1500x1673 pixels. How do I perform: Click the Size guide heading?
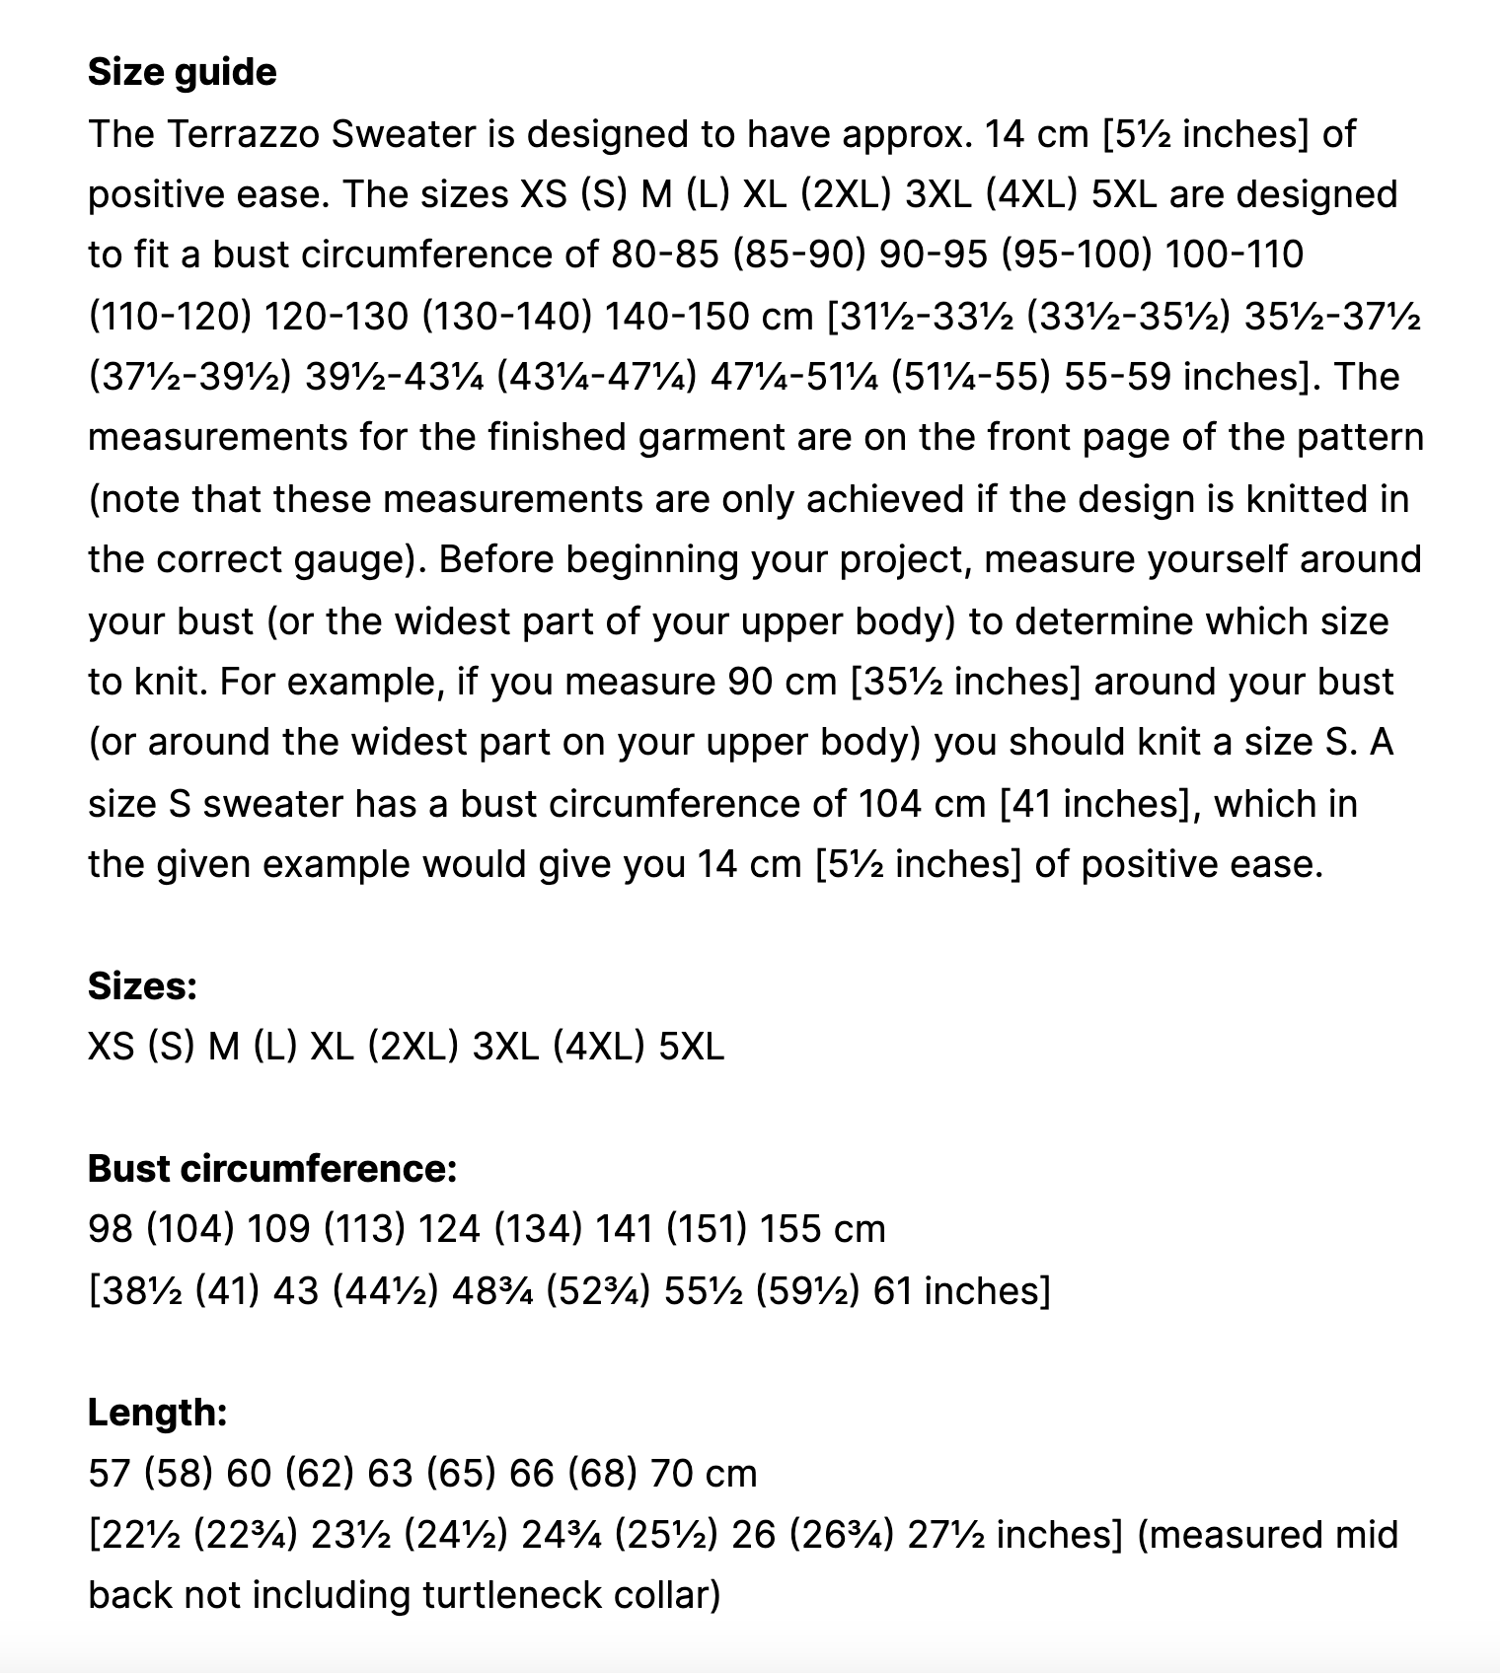[182, 72]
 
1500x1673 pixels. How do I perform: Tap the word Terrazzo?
[243, 133]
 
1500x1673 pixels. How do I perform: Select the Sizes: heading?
[142, 985]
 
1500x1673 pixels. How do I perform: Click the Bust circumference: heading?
[272, 1168]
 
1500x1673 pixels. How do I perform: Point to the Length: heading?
[157, 1412]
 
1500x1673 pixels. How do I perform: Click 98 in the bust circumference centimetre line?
[110, 1229]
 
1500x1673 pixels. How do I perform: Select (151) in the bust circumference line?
[705, 1229]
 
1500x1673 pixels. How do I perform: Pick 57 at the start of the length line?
[109, 1473]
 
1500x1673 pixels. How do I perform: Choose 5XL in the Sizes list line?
[691, 1046]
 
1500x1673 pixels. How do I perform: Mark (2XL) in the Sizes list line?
[412, 1046]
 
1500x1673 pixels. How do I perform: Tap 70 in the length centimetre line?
[672, 1473]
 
